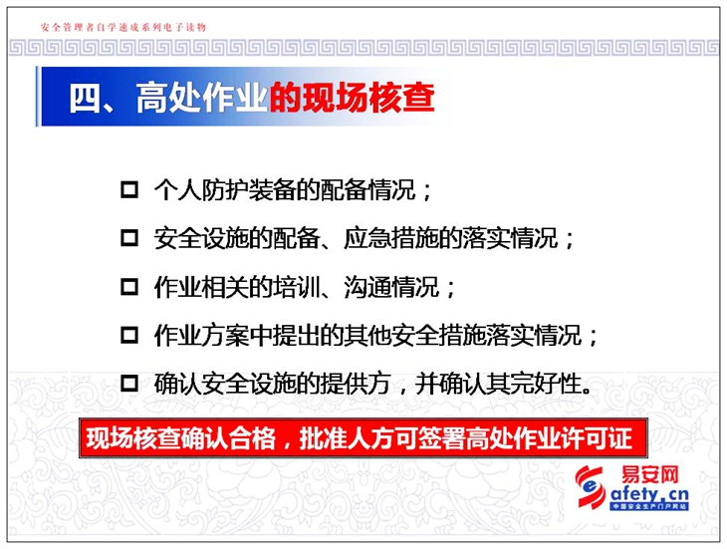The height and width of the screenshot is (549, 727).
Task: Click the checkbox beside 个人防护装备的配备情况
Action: pos(129,189)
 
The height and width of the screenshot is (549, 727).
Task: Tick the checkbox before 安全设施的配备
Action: pos(129,238)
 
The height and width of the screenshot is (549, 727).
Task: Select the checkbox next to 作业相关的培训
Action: pos(129,287)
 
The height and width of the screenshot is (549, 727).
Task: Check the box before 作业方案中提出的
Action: pos(129,335)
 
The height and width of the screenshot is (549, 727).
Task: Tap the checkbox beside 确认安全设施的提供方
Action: pos(129,383)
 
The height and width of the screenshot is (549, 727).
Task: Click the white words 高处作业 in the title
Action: pos(202,98)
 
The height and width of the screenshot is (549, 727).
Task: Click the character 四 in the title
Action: pos(86,98)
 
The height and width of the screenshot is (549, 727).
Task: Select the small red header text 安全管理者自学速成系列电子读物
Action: pos(123,27)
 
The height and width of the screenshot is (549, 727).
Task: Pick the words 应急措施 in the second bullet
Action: pos(390,238)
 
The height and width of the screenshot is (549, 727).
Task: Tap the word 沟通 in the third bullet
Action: pos(367,287)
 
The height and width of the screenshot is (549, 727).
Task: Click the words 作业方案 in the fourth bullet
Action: pos(201,335)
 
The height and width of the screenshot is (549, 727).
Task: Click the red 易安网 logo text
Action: pos(649,474)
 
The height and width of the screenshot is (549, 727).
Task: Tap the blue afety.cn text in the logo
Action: pos(649,494)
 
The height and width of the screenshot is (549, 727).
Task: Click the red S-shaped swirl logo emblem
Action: pos(590,487)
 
